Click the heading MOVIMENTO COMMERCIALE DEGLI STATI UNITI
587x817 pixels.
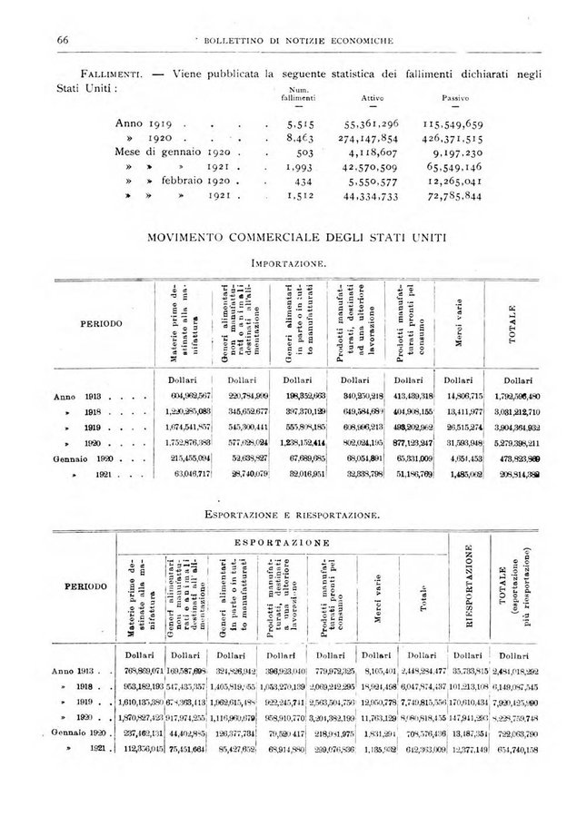[x=293, y=239]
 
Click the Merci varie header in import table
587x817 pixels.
[x=460, y=322]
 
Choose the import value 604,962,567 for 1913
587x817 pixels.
[x=186, y=397]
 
